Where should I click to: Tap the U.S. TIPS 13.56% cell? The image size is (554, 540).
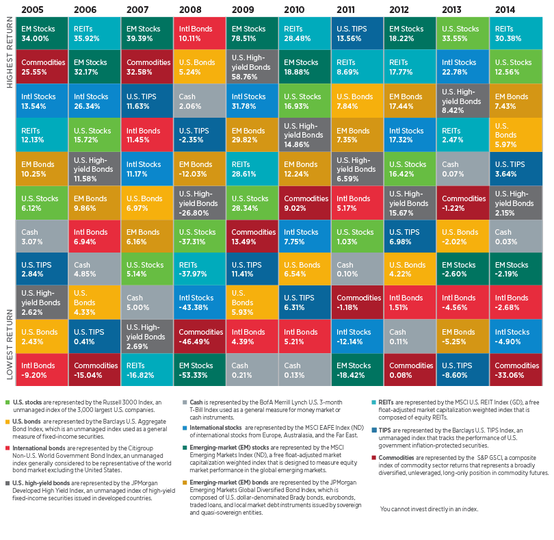pyautogui.click(x=358, y=34)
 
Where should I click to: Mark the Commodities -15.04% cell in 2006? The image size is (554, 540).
pyautogui.click(x=94, y=370)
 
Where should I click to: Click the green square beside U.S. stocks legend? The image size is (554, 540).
pyautogui.click(x=7, y=402)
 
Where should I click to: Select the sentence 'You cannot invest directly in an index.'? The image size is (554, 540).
pyautogui.click(x=429, y=509)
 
